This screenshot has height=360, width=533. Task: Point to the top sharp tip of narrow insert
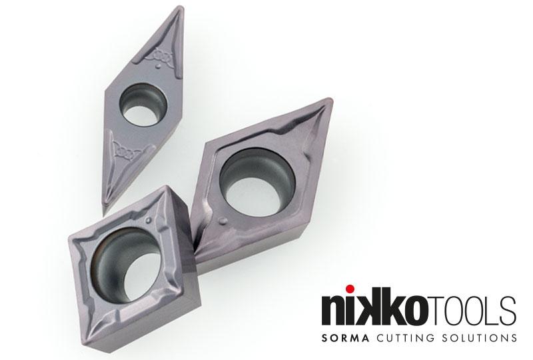click(183, 7)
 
